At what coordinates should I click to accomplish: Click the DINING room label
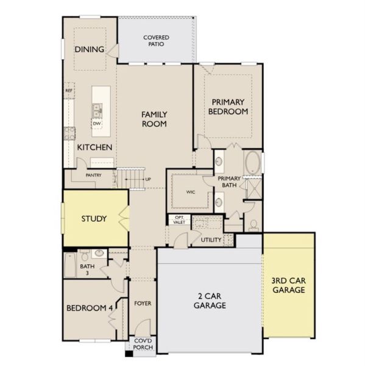click(90, 49)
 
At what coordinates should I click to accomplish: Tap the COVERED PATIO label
click(156, 41)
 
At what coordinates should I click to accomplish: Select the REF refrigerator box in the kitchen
click(69, 90)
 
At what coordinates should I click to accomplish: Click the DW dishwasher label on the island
click(97, 123)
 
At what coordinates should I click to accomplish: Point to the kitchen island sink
click(97, 110)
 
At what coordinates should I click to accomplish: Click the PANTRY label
click(93, 175)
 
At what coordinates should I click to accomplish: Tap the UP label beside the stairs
click(148, 179)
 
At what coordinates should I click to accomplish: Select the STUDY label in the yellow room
click(94, 219)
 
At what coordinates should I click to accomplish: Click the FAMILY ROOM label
click(154, 119)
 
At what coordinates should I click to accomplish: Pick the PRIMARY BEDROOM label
click(228, 107)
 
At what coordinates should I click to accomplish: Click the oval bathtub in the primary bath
click(253, 163)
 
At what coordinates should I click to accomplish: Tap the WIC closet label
click(191, 192)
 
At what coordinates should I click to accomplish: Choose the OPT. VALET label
click(179, 220)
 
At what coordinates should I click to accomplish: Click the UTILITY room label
click(211, 240)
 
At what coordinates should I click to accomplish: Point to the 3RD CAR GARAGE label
click(289, 285)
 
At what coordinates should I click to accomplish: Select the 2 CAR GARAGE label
click(210, 301)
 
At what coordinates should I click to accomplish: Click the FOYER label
click(143, 303)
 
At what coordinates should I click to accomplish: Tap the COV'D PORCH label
click(143, 344)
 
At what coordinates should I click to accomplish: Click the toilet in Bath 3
click(85, 256)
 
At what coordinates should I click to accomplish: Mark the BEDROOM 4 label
click(90, 308)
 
